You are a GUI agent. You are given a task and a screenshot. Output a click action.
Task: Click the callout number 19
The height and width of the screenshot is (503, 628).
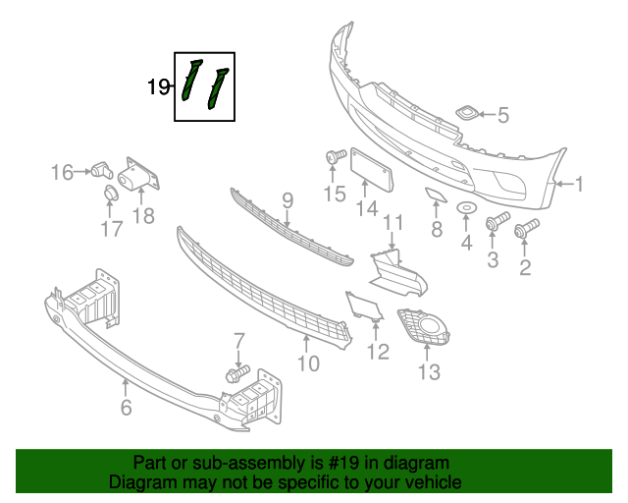point(158,87)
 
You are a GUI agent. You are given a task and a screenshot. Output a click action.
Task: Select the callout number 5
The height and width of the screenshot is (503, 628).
point(502,116)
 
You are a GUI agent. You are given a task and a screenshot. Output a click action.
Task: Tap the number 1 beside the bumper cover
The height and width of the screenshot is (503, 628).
point(579,183)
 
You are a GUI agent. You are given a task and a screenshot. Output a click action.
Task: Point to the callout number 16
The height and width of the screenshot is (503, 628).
point(62,173)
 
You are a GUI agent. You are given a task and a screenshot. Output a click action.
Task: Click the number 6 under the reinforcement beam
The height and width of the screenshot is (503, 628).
point(126,407)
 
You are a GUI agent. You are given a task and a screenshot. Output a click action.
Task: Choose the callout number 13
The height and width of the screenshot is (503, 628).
point(429,371)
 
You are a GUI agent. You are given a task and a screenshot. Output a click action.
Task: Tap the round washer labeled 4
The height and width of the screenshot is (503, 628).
point(467,207)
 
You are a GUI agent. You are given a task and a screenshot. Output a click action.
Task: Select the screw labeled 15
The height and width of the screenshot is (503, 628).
point(333,156)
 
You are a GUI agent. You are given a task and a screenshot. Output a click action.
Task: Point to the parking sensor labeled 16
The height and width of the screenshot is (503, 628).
point(99,169)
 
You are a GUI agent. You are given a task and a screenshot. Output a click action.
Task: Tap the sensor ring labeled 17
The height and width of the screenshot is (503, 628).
point(110,199)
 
